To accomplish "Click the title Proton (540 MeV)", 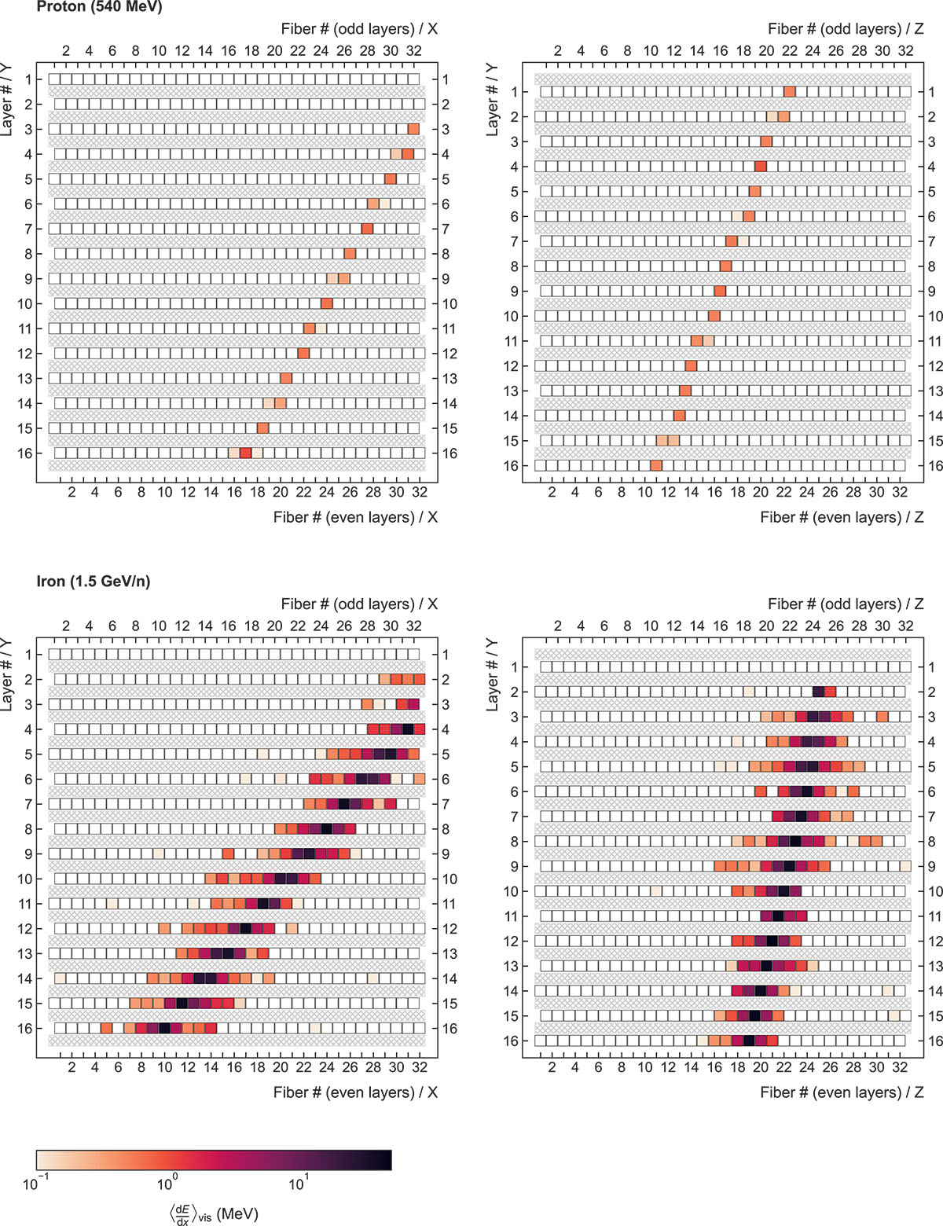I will (99, 7).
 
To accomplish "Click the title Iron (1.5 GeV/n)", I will (93, 582).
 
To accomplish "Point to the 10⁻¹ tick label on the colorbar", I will (36, 1184).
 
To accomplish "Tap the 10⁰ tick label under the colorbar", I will (167, 1184).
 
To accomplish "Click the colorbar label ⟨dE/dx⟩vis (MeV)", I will (214, 1214).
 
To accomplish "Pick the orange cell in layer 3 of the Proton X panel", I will (414, 129).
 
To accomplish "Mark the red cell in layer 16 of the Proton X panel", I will (246, 453).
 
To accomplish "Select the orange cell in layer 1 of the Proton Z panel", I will (790, 92).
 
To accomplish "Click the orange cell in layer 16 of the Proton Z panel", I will (656, 466).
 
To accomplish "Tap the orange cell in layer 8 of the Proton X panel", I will (350, 254).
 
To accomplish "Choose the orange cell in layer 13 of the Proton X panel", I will (286, 379).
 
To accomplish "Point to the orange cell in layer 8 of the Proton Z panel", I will (725, 266).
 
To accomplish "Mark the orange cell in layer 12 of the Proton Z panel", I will (691, 366).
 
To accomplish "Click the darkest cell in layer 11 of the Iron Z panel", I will (778, 916).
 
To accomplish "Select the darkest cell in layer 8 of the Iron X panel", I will (327, 829).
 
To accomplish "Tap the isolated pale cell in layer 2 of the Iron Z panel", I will (749, 692).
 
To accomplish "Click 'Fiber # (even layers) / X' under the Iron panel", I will (355, 1092).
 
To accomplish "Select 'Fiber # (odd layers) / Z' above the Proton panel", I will (846, 29).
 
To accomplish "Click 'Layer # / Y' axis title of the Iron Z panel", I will (493, 674).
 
